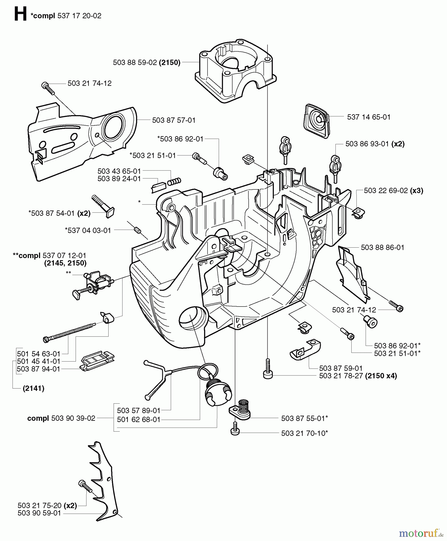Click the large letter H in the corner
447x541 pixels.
click(x=20, y=14)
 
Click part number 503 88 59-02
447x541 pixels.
click(x=135, y=63)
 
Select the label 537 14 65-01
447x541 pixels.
click(x=369, y=117)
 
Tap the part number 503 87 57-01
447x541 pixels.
click(x=174, y=120)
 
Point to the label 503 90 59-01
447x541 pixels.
click(x=39, y=513)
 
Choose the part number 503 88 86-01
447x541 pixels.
click(x=382, y=247)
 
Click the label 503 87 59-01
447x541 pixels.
click(x=341, y=368)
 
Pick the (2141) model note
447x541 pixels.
click(x=34, y=388)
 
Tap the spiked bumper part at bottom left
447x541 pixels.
click(x=103, y=481)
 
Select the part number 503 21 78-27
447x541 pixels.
click(x=341, y=376)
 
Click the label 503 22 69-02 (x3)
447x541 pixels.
click(x=393, y=191)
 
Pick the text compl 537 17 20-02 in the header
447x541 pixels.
click(x=66, y=16)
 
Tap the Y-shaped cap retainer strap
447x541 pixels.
click(x=157, y=379)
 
